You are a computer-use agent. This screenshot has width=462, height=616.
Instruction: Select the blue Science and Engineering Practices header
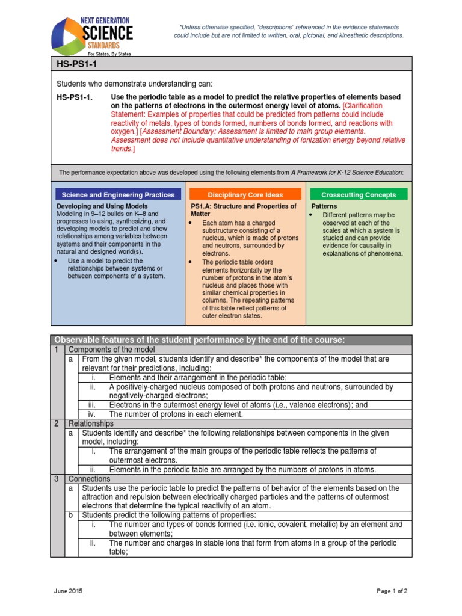(118, 194)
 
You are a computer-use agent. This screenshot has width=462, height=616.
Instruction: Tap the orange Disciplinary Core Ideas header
(245, 194)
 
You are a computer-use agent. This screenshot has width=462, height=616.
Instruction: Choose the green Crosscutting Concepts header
(359, 194)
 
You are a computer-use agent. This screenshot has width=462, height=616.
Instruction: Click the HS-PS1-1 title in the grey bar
(73, 63)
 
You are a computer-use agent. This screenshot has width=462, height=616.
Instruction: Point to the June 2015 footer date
(67, 591)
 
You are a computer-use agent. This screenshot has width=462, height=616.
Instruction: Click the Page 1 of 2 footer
(392, 591)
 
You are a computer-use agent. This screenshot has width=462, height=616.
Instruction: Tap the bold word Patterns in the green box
(324, 206)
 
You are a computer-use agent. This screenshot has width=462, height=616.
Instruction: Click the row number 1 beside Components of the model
(57, 350)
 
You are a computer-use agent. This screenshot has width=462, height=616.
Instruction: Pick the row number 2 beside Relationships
(57, 423)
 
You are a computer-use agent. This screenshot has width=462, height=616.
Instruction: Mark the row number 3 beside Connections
(57, 479)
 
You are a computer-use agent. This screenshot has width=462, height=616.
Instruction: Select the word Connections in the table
(90, 479)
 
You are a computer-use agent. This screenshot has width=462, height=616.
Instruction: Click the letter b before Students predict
(71, 515)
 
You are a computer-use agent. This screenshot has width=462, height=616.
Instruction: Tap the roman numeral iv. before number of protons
(93, 414)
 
